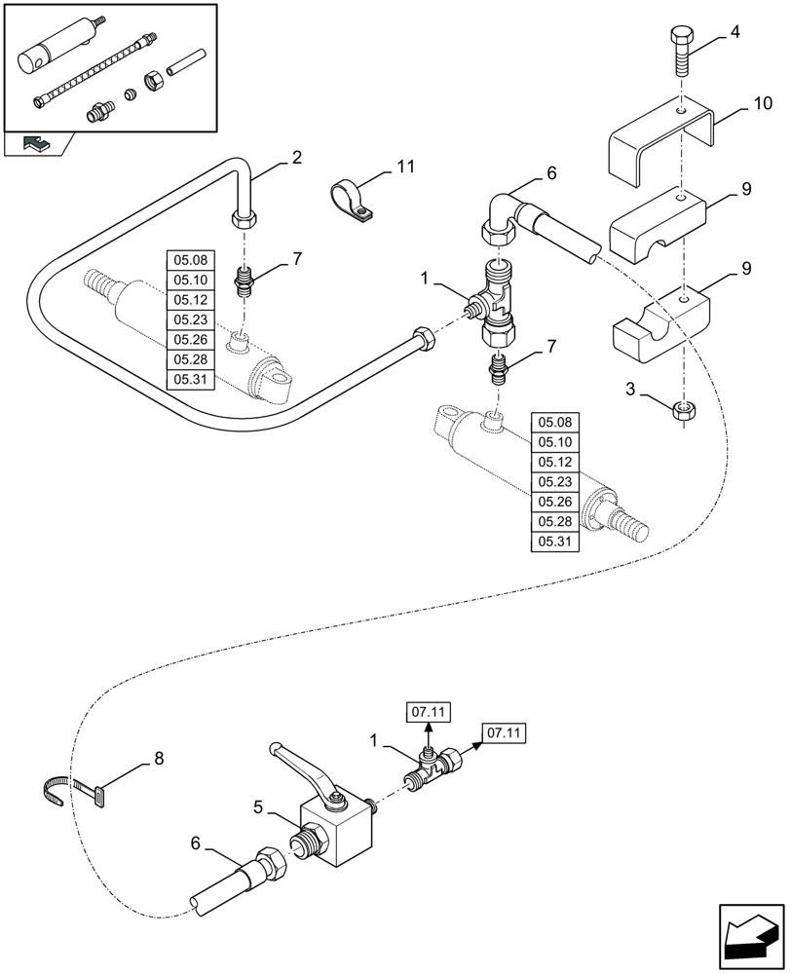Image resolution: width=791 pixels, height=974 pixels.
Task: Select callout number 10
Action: [x=763, y=102]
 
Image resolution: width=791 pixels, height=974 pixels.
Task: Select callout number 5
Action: [x=257, y=806]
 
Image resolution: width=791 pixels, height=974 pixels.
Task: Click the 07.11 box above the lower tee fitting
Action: [x=429, y=713]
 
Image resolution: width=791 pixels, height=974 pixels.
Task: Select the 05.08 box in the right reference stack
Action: [x=554, y=423]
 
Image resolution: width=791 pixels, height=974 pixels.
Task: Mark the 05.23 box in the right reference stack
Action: [x=554, y=482]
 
